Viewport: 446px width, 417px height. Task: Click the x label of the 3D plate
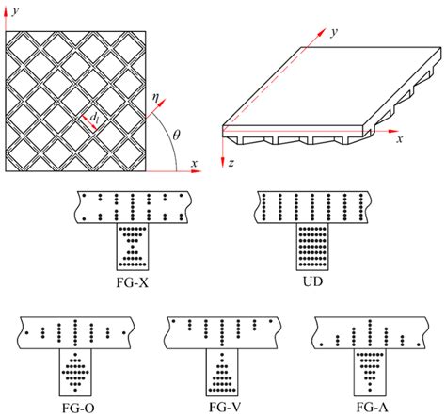click(400, 139)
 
